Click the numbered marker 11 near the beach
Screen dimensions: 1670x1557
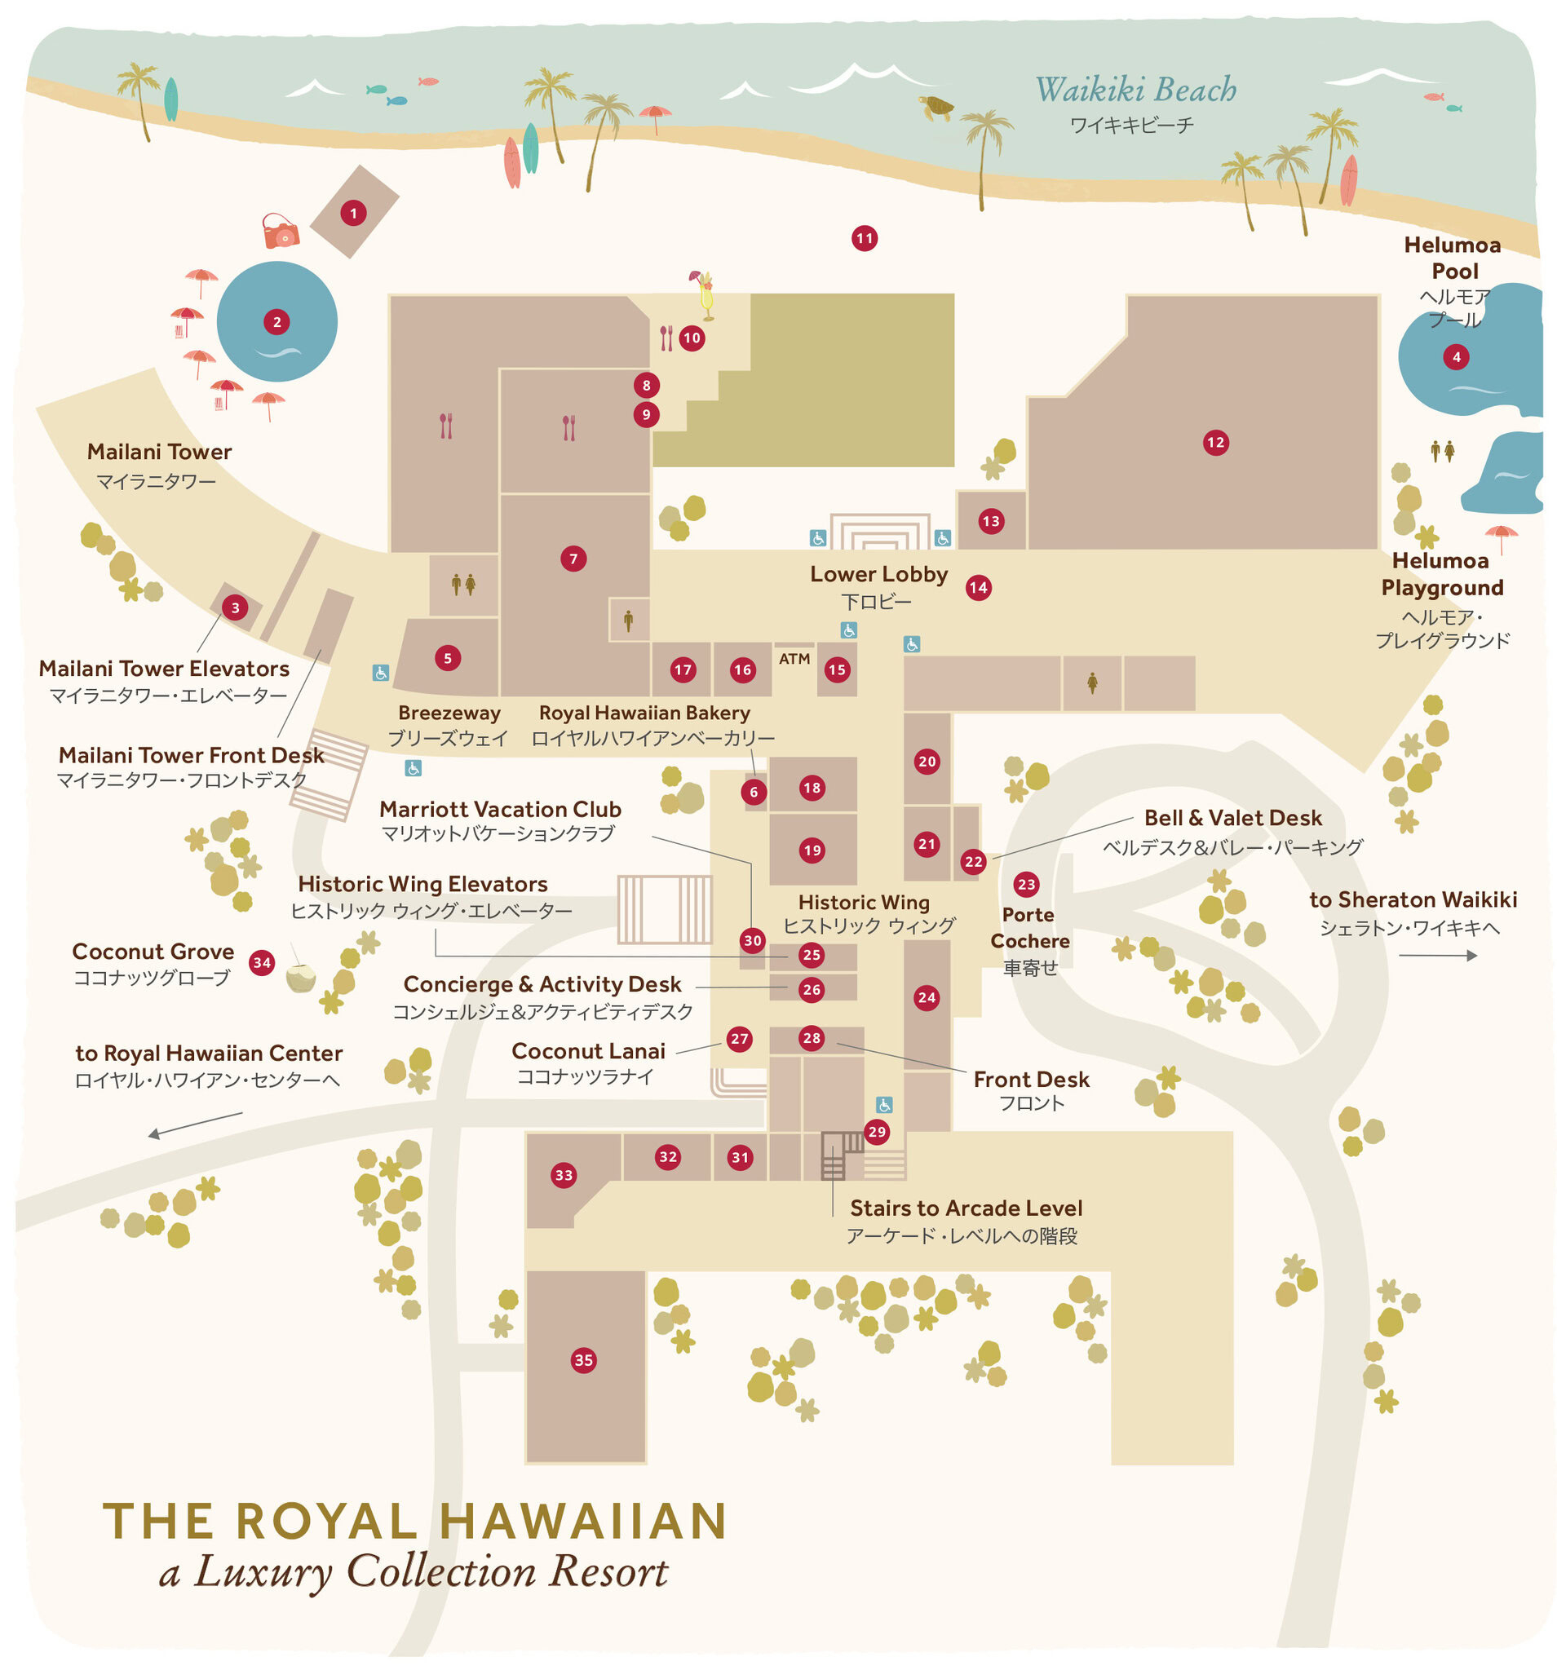(x=864, y=239)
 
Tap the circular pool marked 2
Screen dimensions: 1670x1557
(x=276, y=322)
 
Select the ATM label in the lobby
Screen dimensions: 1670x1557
(x=794, y=659)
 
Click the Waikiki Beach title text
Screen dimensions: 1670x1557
(x=1135, y=90)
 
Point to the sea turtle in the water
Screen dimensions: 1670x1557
(x=937, y=108)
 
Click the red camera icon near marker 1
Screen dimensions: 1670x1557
(x=280, y=231)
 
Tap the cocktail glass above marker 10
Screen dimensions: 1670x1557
(x=705, y=294)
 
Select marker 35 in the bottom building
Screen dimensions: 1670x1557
(x=583, y=1359)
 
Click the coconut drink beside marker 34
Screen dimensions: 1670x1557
(x=300, y=978)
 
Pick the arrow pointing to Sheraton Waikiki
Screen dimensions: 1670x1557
(x=1437, y=955)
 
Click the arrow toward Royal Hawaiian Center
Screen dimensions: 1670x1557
(x=195, y=1123)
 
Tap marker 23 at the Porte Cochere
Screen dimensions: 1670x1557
(x=1026, y=884)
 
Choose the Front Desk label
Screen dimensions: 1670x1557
(x=1031, y=1080)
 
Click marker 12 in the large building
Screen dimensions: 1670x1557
(x=1215, y=443)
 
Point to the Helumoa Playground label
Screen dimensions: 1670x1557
(x=1442, y=574)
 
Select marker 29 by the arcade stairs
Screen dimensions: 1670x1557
(x=877, y=1132)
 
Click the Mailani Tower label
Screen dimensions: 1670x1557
(x=159, y=452)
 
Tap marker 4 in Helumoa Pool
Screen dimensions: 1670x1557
(x=1456, y=357)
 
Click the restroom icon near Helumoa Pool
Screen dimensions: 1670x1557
(x=1442, y=451)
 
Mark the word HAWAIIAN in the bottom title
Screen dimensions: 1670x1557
(x=582, y=1522)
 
